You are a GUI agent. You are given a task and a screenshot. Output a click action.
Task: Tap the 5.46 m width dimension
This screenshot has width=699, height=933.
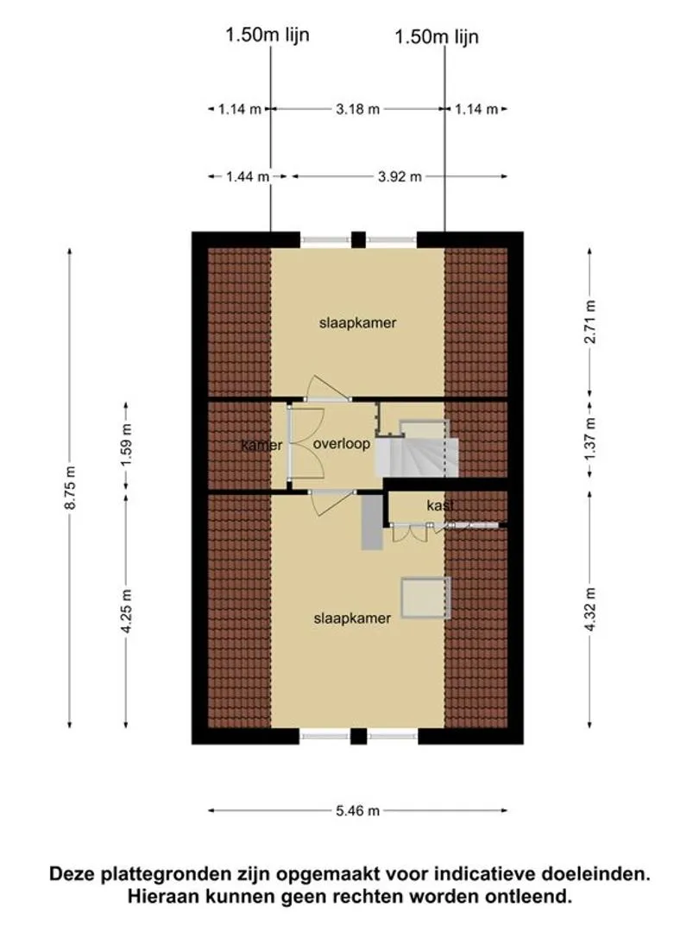coord(357,810)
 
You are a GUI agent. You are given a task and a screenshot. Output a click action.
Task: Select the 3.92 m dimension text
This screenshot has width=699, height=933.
coord(399,177)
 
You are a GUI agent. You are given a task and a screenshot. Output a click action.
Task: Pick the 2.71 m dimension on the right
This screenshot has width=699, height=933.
coord(590,321)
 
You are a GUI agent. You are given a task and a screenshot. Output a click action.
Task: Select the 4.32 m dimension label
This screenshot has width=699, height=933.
coord(590,610)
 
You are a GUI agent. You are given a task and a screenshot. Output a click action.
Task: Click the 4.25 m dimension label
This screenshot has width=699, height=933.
coord(127,612)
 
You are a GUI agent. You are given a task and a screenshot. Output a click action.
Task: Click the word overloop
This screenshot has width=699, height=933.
coord(342,445)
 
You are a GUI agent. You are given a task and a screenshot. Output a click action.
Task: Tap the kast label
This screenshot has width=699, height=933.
coord(440,505)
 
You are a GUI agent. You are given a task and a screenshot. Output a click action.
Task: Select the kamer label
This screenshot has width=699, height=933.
coord(261,446)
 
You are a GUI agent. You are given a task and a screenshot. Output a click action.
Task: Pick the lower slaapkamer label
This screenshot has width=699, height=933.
coord(352,619)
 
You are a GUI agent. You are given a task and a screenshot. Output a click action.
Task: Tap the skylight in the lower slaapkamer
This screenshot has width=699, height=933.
coord(425,598)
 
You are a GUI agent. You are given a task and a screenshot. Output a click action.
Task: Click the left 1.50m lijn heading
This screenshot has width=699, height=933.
coord(268,35)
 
